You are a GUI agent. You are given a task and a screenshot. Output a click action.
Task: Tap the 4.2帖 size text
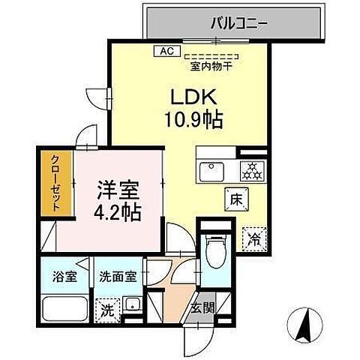(x=117, y=212)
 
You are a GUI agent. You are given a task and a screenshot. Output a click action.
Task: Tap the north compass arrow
(x=307, y=324)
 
